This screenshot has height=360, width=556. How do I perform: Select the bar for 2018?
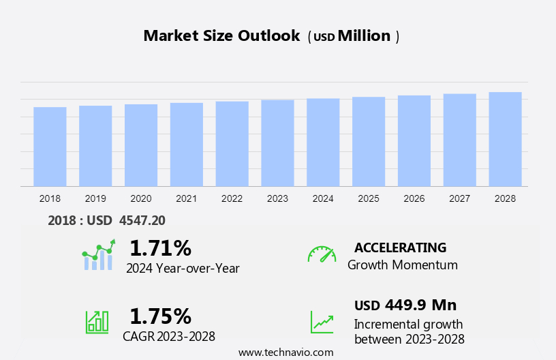(50, 147)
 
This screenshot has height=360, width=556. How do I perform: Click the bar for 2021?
(187, 145)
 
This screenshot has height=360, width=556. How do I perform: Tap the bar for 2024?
(323, 142)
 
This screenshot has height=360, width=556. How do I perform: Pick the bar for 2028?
(505, 139)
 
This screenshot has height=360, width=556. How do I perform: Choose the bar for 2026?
(414, 140)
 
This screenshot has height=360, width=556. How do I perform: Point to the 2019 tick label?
(95, 198)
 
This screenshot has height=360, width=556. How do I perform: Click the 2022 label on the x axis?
(232, 198)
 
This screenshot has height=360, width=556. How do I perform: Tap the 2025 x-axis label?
(369, 198)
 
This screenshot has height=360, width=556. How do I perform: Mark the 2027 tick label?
(460, 198)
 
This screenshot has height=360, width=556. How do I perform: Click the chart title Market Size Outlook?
(221, 36)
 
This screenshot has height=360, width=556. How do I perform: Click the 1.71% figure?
(160, 247)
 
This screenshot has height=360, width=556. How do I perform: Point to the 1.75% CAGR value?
(160, 316)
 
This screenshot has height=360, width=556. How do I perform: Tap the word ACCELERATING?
(401, 247)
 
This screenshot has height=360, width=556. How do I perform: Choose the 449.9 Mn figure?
(420, 305)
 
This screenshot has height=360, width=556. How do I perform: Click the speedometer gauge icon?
(322, 254)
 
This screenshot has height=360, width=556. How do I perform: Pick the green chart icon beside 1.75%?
(97, 321)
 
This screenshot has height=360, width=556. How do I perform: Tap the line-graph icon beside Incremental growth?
(322, 322)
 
